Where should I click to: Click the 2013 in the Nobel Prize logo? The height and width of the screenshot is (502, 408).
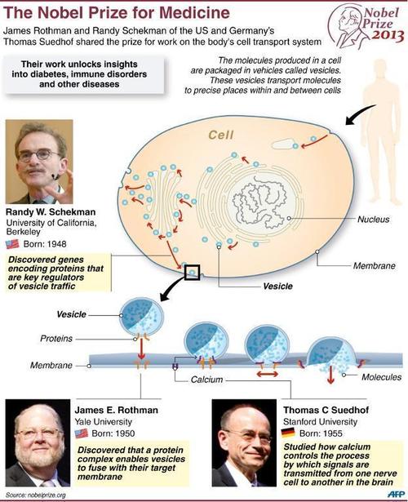(x=388, y=35)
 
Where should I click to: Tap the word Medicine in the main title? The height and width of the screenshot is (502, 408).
(x=194, y=13)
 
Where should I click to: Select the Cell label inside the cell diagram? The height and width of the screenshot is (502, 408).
(x=221, y=135)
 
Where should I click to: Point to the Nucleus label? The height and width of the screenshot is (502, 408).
(x=374, y=220)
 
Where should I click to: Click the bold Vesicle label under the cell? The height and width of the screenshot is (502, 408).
(x=277, y=286)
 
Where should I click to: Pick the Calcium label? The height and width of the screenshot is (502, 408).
(x=206, y=380)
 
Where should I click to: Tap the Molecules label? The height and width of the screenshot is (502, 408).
(x=381, y=377)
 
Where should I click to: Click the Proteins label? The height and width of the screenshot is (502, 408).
(x=56, y=339)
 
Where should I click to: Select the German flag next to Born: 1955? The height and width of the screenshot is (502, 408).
(x=288, y=433)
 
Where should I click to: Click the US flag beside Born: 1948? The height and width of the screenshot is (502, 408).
(x=12, y=244)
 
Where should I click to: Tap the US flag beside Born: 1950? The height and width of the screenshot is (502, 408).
(x=82, y=433)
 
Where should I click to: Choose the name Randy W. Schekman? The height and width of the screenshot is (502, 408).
(x=51, y=212)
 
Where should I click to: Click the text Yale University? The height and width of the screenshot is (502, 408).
(x=104, y=422)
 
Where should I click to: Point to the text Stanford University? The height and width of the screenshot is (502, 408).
(x=321, y=422)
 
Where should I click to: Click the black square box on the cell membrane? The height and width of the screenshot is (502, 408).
(x=193, y=273)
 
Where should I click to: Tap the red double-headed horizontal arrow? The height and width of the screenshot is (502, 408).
(x=267, y=374)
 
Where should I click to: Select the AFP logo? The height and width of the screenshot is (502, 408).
(x=396, y=494)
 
